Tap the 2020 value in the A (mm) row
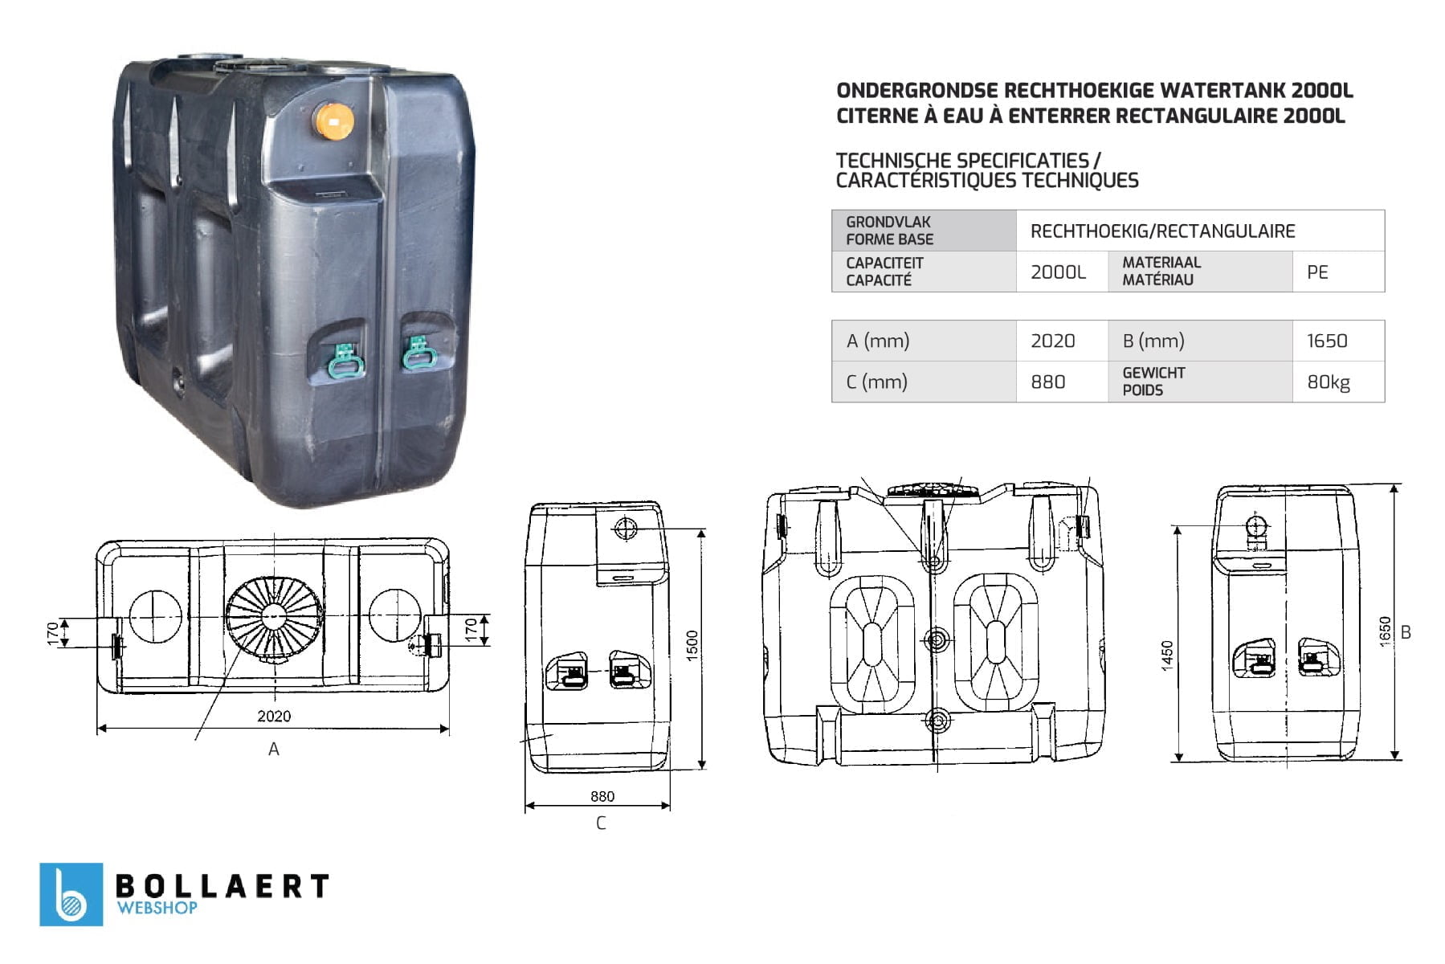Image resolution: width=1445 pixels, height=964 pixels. (1052, 341)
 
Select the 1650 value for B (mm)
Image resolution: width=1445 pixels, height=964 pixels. (1327, 341)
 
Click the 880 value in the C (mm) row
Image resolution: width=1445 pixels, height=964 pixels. (1047, 382)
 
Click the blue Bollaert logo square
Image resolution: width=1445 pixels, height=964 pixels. (71, 894)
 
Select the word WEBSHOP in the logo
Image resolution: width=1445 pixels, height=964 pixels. (157, 908)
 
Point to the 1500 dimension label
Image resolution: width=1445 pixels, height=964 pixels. (692, 646)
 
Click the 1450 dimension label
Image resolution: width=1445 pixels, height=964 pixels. (1167, 655)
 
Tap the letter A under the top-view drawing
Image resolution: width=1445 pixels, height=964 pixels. (274, 750)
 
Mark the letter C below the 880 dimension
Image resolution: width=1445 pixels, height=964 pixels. (601, 823)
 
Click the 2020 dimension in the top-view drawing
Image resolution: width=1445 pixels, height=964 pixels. (274, 716)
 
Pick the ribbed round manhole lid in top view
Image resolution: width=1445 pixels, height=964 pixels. (275, 616)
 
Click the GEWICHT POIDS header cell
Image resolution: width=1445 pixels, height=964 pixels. (1153, 382)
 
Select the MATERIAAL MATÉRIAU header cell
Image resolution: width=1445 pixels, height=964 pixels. (1161, 272)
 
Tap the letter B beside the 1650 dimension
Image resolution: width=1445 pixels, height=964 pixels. (1406, 632)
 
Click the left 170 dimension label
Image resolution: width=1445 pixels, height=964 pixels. (53, 633)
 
